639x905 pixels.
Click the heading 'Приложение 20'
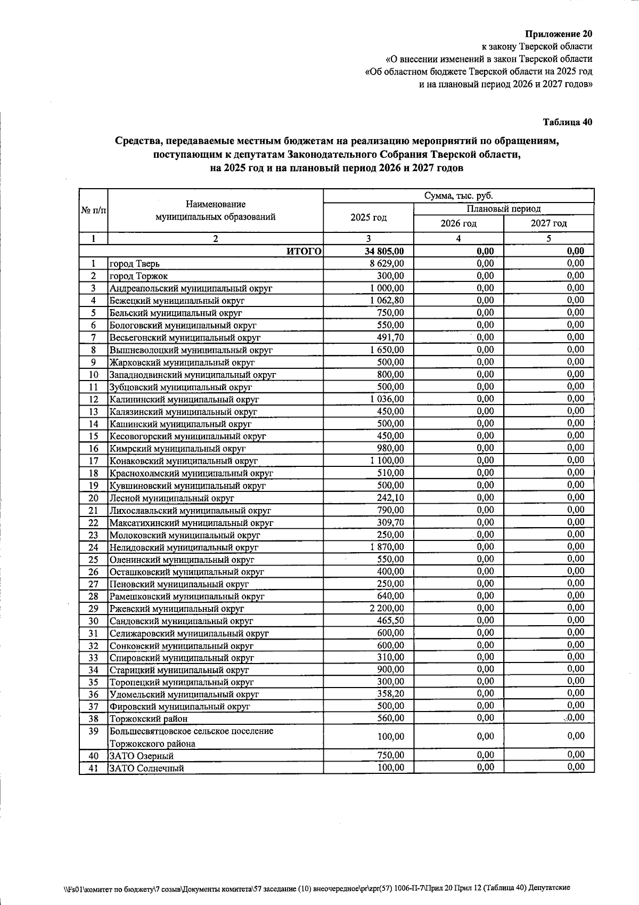pos(559,34)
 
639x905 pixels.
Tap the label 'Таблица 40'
pos(567,122)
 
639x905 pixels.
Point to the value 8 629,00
pos(387,263)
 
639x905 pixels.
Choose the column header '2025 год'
pos(368,217)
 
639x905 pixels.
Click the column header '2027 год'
pos(548,223)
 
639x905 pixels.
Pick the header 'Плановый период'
pos(503,209)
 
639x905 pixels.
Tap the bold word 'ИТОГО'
pos(304,252)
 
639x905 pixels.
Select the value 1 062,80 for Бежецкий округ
pos(387,301)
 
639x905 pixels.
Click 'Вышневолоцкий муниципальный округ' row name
pos(191,350)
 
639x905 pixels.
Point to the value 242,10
pos(390,498)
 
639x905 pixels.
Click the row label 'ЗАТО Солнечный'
pos(146,769)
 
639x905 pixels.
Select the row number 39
pos(93,731)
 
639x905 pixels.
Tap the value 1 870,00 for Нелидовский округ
pos(387,547)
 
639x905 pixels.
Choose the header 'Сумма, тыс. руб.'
pos(458,196)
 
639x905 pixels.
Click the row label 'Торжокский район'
pos(148,719)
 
